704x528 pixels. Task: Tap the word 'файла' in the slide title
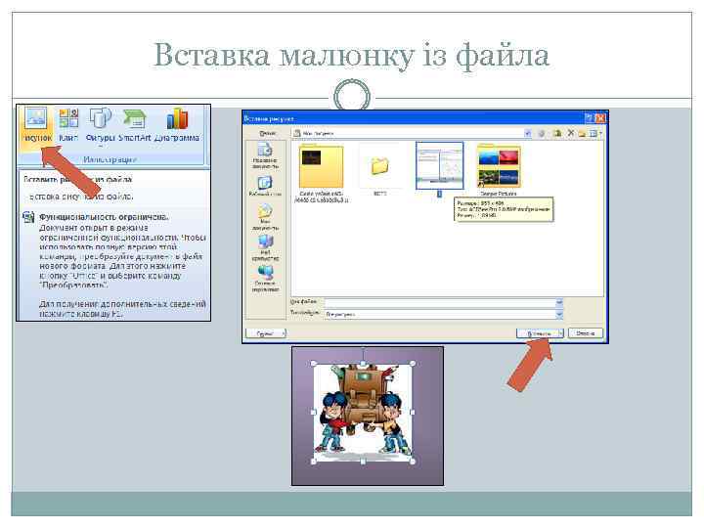(504, 57)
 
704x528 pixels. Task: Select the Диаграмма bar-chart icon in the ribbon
(177, 119)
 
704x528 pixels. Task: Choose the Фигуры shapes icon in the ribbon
(100, 119)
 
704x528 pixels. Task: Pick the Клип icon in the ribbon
(68, 119)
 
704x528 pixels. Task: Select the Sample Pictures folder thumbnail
(498, 166)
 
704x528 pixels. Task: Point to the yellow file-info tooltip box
(503, 209)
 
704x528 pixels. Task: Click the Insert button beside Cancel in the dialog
(539, 333)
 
